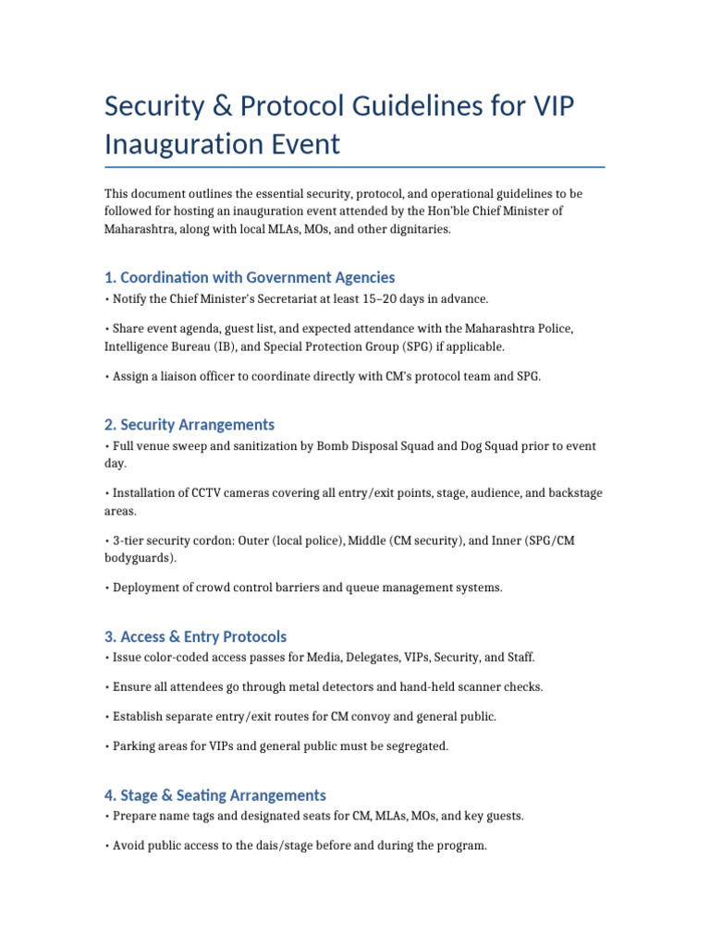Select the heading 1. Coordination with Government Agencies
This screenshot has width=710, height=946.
[x=250, y=277]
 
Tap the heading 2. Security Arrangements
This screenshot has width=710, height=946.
[x=190, y=425]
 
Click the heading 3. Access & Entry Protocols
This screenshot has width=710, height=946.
[x=195, y=637]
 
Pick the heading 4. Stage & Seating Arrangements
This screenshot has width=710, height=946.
[x=214, y=795]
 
